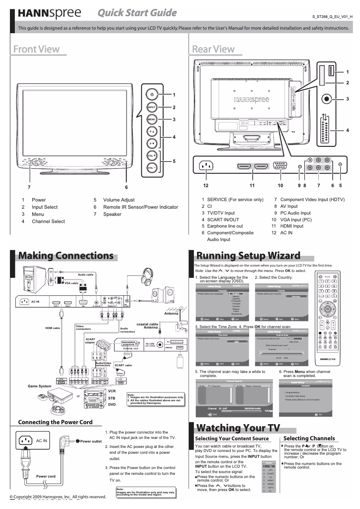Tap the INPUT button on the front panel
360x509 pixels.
click(152, 107)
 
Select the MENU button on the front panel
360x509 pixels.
click(152, 119)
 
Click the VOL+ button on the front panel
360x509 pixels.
click(152, 155)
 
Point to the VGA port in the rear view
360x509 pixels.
click(281, 167)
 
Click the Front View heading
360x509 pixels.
click(36, 49)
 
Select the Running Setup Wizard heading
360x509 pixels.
click(248, 256)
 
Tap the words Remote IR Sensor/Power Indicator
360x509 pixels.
click(140, 207)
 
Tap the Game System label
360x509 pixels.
click(40, 386)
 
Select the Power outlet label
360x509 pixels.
click(91, 441)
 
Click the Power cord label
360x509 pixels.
click(46, 476)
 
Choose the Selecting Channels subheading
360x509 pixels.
click(309, 438)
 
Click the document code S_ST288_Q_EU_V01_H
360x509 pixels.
click(333, 17)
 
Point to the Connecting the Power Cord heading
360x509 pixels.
click(55, 422)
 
